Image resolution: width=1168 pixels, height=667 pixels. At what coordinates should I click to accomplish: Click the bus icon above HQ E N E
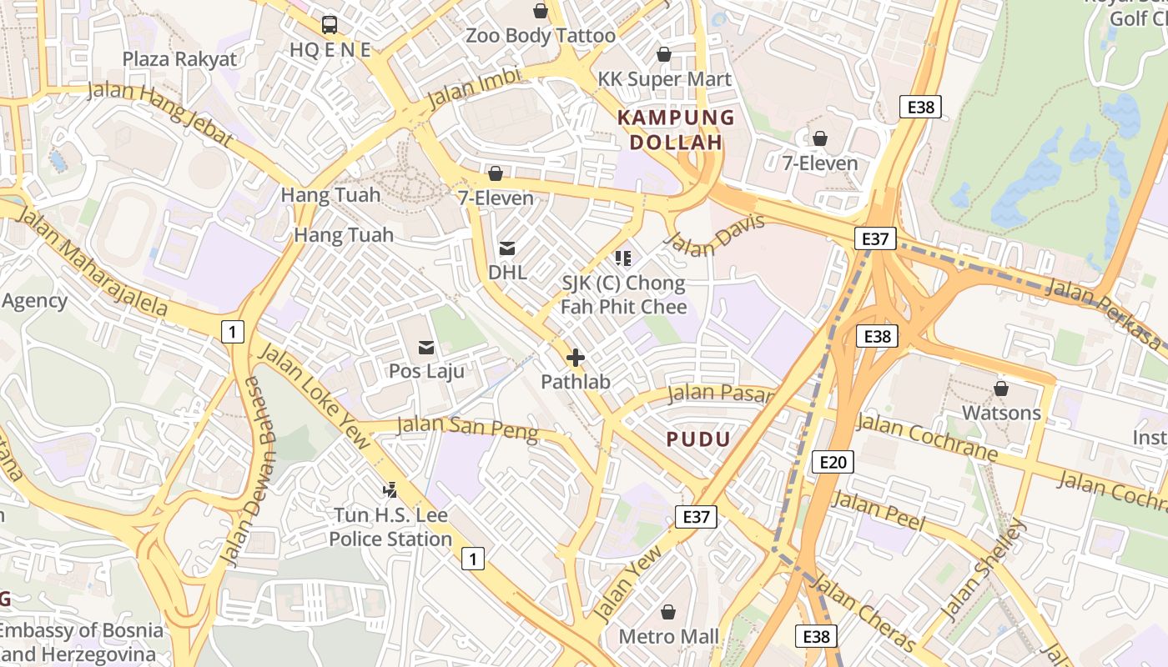(x=330, y=24)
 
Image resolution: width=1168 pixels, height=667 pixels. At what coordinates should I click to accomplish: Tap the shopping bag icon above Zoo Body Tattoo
(x=541, y=11)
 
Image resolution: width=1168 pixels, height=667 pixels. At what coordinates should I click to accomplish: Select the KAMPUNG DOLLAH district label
(x=676, y=130)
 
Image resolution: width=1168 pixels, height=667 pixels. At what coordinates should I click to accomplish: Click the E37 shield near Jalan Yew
(x=696, y=517)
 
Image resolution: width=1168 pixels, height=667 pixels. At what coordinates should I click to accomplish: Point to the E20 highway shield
(x=833, y=462)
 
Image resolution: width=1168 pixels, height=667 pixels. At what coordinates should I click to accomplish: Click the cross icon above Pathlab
(x=575, y=359)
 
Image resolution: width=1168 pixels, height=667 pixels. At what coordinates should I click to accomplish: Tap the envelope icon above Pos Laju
(x=426, y=347)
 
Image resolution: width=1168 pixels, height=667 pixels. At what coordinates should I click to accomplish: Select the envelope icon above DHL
(x=506, y=248)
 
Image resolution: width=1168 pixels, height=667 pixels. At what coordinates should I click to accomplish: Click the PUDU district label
(x=698, y=439)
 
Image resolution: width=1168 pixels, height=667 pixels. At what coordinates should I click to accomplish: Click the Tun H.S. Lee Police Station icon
(x=390, y=490)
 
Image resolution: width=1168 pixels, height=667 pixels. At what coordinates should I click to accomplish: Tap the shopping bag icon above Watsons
(x=1001, y=389)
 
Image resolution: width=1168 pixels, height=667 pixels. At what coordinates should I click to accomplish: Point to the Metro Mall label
(x=668, y=637)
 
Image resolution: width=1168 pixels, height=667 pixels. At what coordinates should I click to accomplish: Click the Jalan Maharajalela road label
(x=92, y=261)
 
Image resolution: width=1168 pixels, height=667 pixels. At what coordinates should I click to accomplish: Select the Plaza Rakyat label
(x=179, y=59)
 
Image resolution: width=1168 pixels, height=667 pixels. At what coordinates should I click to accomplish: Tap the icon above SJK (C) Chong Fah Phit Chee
(x=622, y=258)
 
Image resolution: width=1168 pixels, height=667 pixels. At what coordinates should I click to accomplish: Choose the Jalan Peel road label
(x=879, y=511)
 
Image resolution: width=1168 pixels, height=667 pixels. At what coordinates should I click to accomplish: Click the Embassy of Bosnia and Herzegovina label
(x=82, y=642)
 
